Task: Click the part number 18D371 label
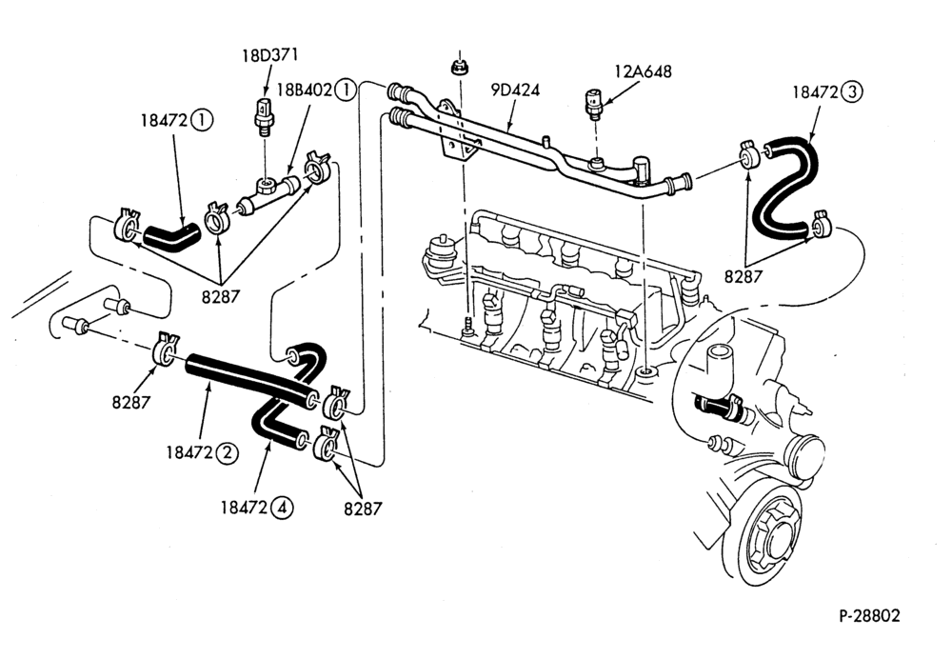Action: coord(269,55)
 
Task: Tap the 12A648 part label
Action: coord(643,71)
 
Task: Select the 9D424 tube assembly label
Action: coord(515,90)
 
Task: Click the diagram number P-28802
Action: coord(869,616)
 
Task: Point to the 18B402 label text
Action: coord(305,90)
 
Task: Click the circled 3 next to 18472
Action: coord(852,92)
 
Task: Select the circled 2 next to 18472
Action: coord(228,452)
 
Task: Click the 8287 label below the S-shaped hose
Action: coord(744,277)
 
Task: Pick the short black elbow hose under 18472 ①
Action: coord(170,236)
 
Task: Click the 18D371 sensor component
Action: coord(262,115)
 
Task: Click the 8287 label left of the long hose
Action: coord(130,402)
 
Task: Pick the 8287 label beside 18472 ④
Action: coord(363,509)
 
